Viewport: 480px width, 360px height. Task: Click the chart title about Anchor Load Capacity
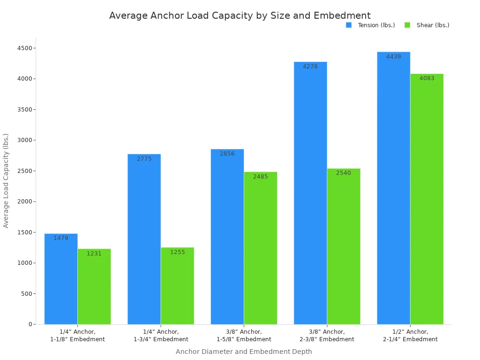[240, 15]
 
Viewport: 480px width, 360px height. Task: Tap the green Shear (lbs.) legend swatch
[407, 25]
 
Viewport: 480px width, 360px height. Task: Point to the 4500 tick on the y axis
[25, 48]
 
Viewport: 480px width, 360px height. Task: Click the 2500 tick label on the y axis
[25, 171]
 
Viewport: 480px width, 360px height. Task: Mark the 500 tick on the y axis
[27, 294]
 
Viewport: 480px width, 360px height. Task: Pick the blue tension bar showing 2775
[144, 239]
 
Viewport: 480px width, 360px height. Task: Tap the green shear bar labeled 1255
[177, 286]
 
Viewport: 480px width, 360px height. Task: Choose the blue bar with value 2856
[227, 237]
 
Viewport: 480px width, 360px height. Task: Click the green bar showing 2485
[261, 248]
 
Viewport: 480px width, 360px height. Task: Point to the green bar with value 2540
[344, 246]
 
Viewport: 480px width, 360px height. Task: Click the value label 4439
[393, 57]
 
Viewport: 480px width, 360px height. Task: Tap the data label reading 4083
[427, 78]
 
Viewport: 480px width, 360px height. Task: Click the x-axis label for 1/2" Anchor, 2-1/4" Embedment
[410, 336]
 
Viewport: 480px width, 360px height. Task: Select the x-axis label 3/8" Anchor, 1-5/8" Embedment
[244, 336]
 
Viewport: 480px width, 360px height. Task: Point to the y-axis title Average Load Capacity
[6, 180]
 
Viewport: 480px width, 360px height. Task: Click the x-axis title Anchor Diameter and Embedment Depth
[244, 352]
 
